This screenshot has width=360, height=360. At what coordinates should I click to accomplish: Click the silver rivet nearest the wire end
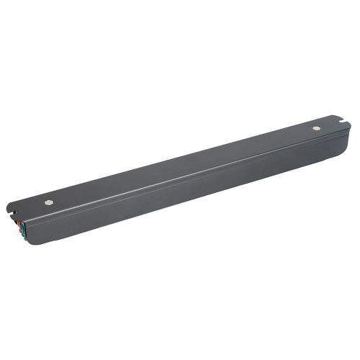[x=48, y=202]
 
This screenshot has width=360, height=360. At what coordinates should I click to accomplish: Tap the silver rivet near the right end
[x=317, y=128]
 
